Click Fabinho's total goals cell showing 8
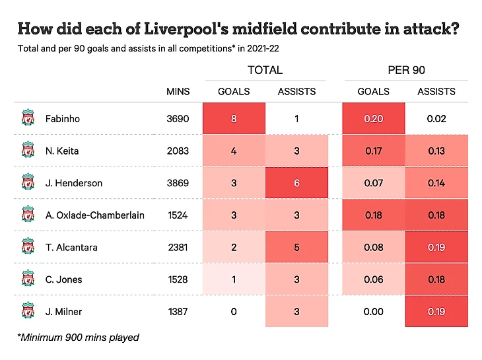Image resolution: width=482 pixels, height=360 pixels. point(234,119)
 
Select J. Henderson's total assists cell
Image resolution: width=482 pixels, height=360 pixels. point(296,183)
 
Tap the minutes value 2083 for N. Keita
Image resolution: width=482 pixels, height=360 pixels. point(178,151)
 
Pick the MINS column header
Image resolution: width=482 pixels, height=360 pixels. point(178,92)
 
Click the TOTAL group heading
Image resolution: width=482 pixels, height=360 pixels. point(265,70)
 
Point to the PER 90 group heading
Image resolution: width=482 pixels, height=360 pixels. point(405,70)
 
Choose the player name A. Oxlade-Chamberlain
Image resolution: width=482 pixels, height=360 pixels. point(95,215)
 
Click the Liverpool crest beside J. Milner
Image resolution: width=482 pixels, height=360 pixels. point(27,310)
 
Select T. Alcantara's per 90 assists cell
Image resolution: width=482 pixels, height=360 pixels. point(436,247)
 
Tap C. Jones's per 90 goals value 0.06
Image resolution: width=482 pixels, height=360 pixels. point(374,279)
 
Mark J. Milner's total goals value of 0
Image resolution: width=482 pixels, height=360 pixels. point(234,311)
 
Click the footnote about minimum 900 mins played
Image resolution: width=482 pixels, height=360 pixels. point(78,338)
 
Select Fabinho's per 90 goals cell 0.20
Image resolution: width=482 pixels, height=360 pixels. point(374,119)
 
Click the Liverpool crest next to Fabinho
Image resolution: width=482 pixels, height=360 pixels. point(27,119)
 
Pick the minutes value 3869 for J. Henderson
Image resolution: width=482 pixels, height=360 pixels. point(178,183)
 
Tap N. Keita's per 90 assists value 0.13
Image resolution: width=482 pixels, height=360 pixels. point(436,151)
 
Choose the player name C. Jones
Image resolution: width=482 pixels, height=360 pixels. point(64,279)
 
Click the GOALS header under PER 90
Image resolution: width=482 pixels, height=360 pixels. point(374,92)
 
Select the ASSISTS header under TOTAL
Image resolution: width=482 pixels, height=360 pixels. point(296,92)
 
